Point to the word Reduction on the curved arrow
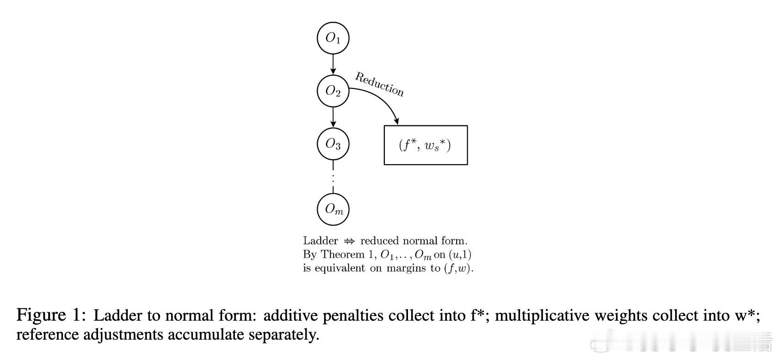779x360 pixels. [x=379, y=84]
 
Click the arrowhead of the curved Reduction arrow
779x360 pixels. [x=396, y=121]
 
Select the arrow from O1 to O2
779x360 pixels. [x=333, y=64]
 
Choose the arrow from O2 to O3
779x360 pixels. [x=333, y=117]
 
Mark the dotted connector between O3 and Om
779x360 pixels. [x=333, y=177]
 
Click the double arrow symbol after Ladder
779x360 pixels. [x=349, y=241]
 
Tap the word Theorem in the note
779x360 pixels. [x=343, y=254]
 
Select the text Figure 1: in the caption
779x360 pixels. [x=51, y=315]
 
